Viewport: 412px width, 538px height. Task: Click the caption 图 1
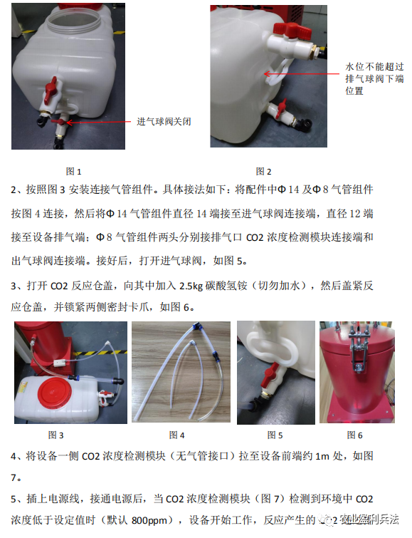tap(74, 171)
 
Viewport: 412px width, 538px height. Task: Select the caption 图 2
tap(263, 171)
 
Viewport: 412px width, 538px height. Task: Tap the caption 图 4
tap(177, 435)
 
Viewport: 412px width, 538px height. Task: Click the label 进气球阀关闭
tap(164, 122)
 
